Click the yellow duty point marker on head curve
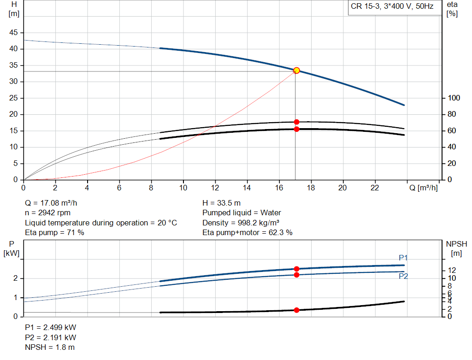pyautogui.click(x=296, y=71)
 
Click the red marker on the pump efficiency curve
pyautogui.click(x=296, y=122)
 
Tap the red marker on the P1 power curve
pyautogui.click(x=296, y=269)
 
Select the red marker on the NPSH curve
pyautogui.click(x=296, y=310)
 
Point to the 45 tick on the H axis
pyautogui.click(x=14, y=33)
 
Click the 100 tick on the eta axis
pyautogui.click(x=454, y=98)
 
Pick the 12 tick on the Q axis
pyautogui.click(x=215, y=188)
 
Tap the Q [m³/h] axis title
pyautogui.click(x=422, y=188)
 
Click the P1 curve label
pyautogui.click(x=403, y=258)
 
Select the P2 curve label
pyautogui.click(x=403, y=276)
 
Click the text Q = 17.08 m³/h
pyautogui.click(x=53, y=203)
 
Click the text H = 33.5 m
pyautogui.click(x=221, y=203)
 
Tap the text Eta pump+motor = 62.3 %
pyautogui.click(x=248, y=232)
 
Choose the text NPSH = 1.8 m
pyautogui.click(x=50, y=347)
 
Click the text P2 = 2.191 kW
pyautogui.click(x=50, y=337)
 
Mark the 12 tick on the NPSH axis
pyautogui.click(x=452, y=270)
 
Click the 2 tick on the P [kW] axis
pyautogui.click(x=15, y=278)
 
